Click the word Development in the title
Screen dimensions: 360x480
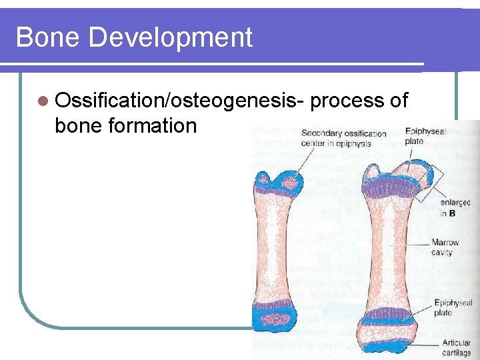pos(170,38)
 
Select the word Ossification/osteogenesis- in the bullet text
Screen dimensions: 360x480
pos(180,101)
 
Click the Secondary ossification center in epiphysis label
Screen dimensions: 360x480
pos(343,138)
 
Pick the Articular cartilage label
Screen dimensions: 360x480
pos(456,347)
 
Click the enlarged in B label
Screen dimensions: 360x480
pos(455,207)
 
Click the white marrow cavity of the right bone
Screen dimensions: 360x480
pos(388,247)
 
